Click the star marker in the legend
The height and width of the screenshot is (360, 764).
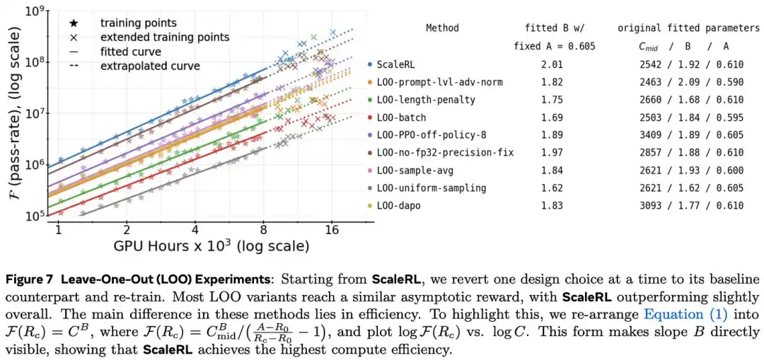click(x=74, y=23)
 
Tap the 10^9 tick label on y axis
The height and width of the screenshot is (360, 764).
click(x=35, y=11)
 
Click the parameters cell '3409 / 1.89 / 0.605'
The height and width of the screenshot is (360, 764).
click(x=691, y=135)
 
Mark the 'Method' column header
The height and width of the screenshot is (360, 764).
click(x=442, y=28)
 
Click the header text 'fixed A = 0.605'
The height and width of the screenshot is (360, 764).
click(x=555, y=47)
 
